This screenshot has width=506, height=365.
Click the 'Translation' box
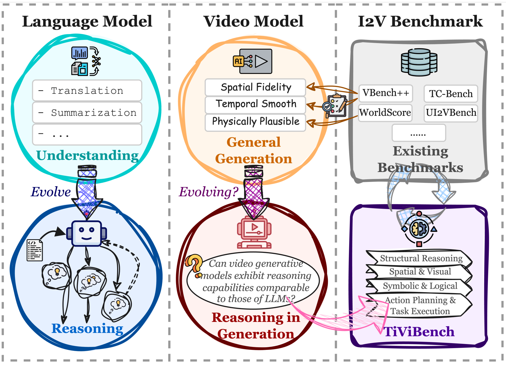pos(87,91)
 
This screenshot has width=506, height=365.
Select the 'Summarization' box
pos(87,112)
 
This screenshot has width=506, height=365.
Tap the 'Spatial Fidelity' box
pos(256,87)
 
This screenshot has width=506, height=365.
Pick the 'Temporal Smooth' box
pos(256,104)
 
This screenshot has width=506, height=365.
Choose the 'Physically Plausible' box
pos(256,121)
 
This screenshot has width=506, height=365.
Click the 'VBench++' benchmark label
pos(386,93)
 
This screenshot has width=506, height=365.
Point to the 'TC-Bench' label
pos(451,94)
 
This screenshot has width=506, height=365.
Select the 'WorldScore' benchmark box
pos(385,112)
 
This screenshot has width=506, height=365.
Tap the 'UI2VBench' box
pos(451,112)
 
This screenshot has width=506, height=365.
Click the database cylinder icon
pos(419,62)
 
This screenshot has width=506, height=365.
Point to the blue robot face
pos(87,233)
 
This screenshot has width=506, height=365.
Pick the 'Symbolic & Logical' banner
pos(420,286)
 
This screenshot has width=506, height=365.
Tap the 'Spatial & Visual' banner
pos(420,272)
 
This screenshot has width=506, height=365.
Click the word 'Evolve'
pos(51,192)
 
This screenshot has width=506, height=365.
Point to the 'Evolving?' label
pos(209,192)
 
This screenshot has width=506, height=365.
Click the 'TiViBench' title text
pos(419,332)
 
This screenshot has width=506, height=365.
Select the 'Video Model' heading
pos(253,21)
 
